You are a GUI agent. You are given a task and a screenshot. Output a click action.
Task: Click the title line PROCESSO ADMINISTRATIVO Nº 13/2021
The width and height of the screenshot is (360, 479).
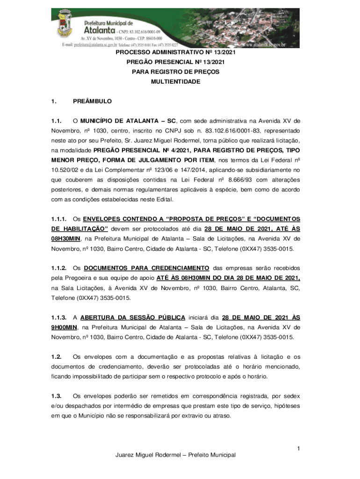coord(175,53)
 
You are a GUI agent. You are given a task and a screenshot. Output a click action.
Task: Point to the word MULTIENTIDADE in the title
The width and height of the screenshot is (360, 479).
coord(175,82)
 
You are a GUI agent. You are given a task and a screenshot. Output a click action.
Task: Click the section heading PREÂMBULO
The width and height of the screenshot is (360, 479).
coord(93,101)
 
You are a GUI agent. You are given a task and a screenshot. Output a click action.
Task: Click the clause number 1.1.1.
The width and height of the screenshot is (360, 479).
coord(59,219)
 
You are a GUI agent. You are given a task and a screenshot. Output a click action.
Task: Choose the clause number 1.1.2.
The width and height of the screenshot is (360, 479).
coord(59,268)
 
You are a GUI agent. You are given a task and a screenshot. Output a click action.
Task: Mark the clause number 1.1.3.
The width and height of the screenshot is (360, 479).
coord(59,317)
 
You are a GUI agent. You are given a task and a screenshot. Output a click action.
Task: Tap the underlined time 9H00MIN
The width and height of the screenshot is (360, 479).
coord(64,327)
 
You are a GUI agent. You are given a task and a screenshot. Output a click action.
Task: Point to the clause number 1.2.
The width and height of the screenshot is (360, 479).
coord(57,357)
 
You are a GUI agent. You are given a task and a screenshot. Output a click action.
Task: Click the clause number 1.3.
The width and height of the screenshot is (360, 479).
coord(57,397)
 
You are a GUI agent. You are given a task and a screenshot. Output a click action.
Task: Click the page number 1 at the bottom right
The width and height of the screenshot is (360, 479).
coord(298,449)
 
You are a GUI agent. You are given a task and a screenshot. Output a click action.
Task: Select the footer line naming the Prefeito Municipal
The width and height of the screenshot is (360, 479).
coord(175,455)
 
